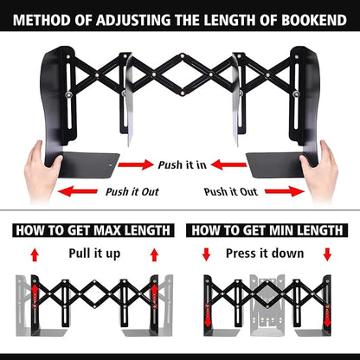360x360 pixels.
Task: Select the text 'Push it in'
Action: point(181,164)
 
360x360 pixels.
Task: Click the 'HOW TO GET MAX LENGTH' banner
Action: point(91,231)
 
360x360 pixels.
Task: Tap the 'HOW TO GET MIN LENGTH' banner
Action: point(268,231)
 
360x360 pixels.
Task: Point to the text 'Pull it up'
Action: point(95,253)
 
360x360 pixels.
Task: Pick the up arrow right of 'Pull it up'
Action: point(154,254)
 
